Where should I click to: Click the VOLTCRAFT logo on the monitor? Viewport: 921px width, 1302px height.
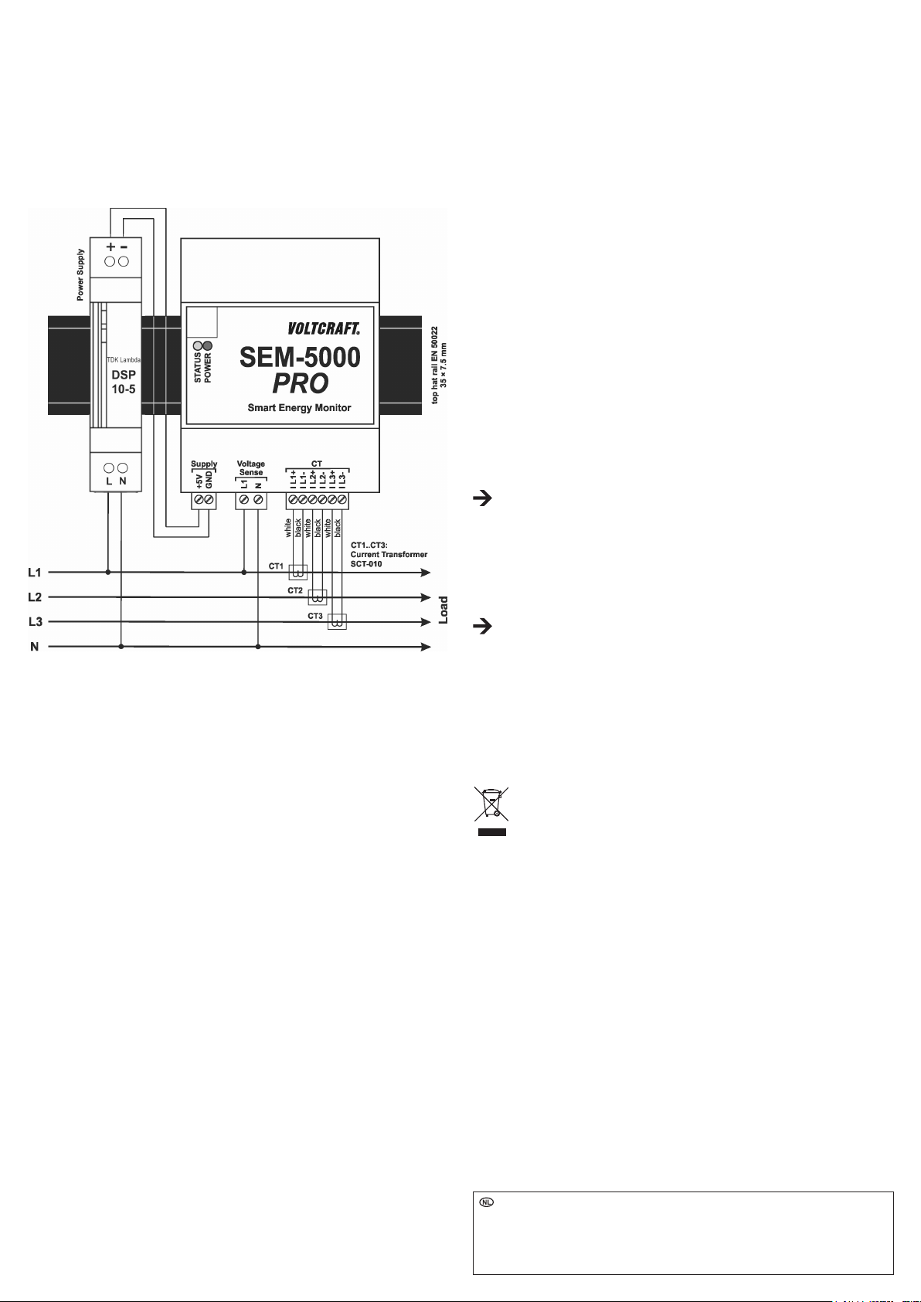[324, 328]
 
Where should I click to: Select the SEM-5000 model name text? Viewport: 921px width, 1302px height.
[300, 357]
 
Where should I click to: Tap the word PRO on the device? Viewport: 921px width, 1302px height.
[300, 383]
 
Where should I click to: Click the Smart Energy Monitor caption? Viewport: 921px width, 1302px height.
[299, 408]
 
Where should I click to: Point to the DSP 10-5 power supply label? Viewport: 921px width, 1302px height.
[123, 382]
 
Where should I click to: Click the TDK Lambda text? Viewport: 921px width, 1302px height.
[123, 360]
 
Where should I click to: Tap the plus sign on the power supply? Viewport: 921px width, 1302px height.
[110, 246]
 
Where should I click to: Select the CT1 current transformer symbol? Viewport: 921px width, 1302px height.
[297, 573]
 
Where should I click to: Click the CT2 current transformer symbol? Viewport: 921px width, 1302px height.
[317, 597]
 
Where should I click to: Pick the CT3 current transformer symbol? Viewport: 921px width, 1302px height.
[337, 621]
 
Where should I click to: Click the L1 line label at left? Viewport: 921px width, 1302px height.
[35, 573]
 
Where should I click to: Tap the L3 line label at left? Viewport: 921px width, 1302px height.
[35, 622]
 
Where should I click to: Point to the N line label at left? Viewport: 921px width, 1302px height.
[35, 647]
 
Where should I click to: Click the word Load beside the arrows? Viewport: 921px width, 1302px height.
[444, 610]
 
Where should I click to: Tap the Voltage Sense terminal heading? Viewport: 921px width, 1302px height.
[251, 468]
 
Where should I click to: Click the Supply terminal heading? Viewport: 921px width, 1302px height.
[204, 464]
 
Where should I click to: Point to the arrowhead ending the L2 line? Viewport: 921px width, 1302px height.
[426, 597]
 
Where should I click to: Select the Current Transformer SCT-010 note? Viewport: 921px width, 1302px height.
[389, 555]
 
